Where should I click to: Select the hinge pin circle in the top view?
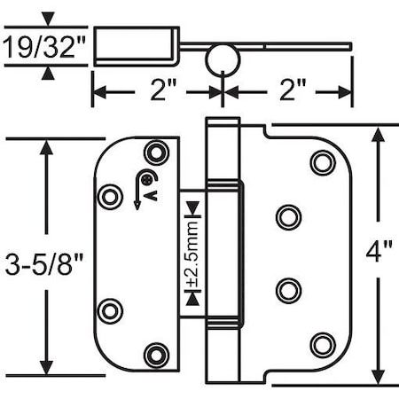click(222, 60)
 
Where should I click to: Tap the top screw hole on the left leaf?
click(157, 151)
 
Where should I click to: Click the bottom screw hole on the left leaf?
click(157, 354)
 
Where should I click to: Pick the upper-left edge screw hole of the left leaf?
click(110, 196)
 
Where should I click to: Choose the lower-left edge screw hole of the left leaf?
click(110, 310)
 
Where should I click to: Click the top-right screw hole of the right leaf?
click(323, 162)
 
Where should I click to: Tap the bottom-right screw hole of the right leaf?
click(323, 344)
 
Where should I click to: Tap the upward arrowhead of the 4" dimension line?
click(379, 135)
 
